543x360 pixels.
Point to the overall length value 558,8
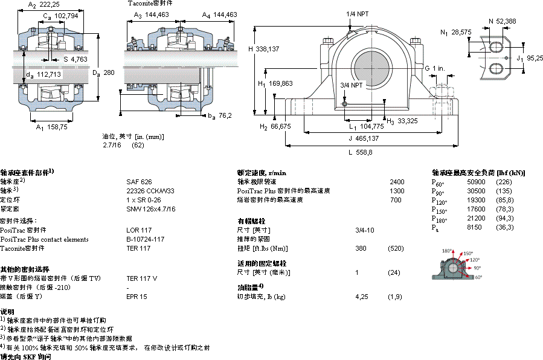tap(364, 152)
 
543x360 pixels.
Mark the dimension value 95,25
tap(535, 58)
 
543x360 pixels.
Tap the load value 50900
tap(477, 182)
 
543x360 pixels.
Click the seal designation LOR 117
tap(138, 230)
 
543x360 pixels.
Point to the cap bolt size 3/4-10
tap(364, 230)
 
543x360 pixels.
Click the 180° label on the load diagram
tap(447, 250)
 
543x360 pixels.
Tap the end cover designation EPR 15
tap(137, 297)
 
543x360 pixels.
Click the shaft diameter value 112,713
tap(48, 75)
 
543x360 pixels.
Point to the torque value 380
tap(361, 248)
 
